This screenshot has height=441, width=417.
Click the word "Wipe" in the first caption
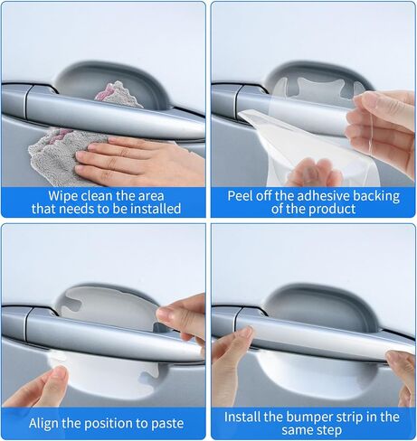(61, 196)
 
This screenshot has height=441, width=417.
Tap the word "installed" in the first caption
(155, 209)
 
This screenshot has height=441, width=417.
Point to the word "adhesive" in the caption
(323, 196)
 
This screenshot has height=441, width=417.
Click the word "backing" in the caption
(376, 196)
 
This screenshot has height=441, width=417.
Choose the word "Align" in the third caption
(43, 424)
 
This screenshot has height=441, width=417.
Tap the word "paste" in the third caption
(167, 424)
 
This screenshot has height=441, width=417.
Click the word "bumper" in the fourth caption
(306, 418)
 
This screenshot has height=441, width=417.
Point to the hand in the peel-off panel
(383, 129)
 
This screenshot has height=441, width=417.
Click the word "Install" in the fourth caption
(242, 418)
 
